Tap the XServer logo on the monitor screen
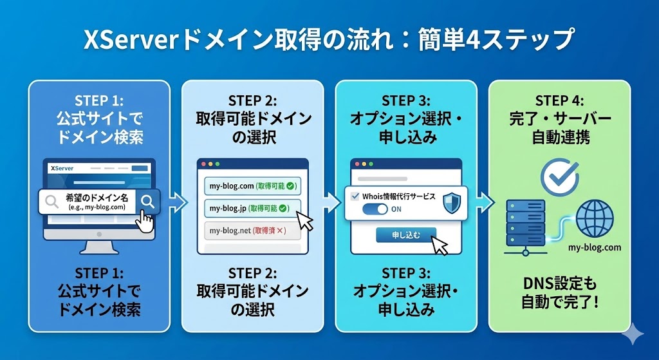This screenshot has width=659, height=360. tap(62, 168)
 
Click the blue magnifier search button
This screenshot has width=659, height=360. tap(147, 202)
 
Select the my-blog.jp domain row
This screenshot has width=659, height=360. tap(248, 208)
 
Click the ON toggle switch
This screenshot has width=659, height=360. tap(374, 209)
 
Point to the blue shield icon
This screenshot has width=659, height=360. tap(452, 201)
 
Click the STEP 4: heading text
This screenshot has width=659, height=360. tap(559, 101)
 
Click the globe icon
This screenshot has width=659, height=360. tap(595, 218)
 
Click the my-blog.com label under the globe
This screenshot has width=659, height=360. tap(595, 247)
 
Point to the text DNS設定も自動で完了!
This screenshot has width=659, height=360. tap(559, 292)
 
